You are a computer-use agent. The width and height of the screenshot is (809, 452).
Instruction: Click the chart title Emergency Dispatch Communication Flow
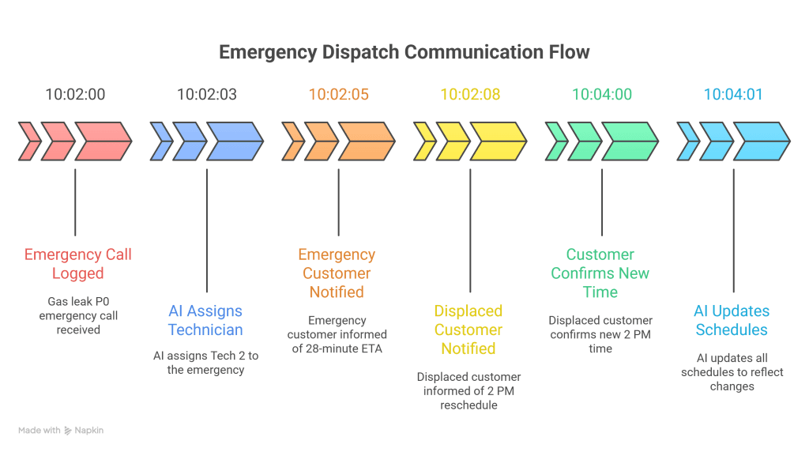(x=404, y=53)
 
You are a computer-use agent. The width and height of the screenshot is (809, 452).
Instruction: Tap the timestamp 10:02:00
(x=75, y=95)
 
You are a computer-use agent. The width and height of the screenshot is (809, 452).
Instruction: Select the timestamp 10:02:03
(x=206, y=95)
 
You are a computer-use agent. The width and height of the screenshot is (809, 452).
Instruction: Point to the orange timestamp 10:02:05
(x=338, y=95)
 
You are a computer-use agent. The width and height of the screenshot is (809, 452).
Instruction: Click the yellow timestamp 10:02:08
(x=470, y=95)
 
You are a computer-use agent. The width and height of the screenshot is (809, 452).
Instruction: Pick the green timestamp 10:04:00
(x=601, y=95)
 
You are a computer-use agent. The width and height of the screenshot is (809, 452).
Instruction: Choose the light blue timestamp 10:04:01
(x=733, y=95)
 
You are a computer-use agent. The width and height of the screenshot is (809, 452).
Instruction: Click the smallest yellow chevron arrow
(x=423, y=141)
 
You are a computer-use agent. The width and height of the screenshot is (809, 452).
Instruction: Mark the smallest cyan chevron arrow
(x=687, y=141)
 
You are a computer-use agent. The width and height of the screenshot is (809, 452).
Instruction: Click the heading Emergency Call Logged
(x=77, y=264)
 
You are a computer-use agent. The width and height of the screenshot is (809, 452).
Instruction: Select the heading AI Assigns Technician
(x=205, y=321)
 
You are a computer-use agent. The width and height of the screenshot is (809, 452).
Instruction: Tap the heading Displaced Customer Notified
(x=468, y=330)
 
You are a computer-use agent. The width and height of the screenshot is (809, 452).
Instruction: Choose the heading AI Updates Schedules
(x=732, y=321)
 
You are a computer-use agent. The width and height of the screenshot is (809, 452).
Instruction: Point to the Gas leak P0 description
(x=77, y=315)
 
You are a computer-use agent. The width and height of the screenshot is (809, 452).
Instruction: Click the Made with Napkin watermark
(x=61, y=431)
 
